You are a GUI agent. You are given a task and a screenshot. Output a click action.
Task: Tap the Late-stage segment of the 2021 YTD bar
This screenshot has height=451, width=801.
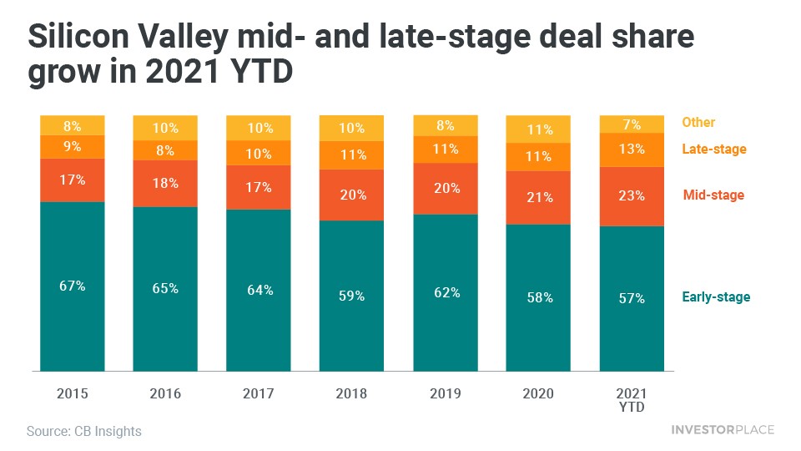point(632,149)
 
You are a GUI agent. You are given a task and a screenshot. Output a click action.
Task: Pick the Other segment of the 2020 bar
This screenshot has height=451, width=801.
point(538,129)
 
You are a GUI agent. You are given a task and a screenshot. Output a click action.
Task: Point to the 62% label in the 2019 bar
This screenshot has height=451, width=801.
point(446,293)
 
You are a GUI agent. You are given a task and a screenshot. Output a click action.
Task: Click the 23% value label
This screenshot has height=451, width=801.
point(632,195)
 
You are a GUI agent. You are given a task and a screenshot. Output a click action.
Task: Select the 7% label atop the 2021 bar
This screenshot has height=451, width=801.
point(632,124)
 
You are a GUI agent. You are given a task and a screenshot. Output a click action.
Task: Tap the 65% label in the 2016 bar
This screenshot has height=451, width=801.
point(165,288)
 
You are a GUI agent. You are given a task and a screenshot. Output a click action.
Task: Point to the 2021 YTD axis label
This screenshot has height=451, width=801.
point(632,398)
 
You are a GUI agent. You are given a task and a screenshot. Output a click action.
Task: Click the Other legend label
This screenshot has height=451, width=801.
point(698,123)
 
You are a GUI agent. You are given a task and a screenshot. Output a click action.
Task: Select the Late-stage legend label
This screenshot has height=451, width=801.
point(714,149)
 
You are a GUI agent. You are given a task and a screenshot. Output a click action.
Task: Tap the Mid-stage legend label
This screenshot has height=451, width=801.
point(713,195)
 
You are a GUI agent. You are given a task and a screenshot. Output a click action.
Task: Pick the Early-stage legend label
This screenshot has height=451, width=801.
point(716,297)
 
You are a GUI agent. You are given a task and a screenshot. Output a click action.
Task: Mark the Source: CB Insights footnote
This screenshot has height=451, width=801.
point(84,432)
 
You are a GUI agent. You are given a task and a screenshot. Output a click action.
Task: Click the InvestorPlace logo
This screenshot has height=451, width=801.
point(723,430)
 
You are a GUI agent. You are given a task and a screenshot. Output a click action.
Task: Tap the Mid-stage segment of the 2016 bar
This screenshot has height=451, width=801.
point(165,184)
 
